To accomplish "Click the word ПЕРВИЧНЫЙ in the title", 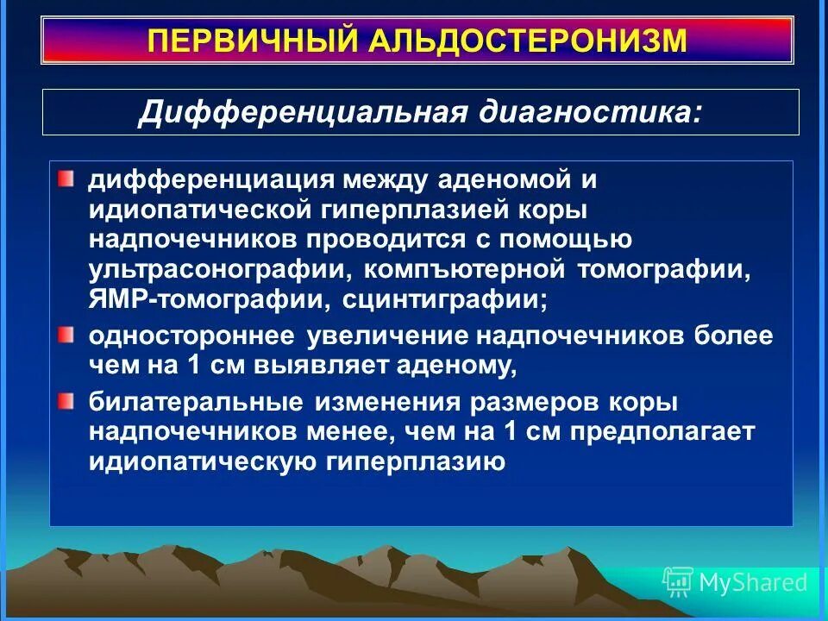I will [x=256, y=41].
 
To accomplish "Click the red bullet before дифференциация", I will [x=67, y=179].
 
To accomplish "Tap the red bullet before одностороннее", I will [x=67, y=334].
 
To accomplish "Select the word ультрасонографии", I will [x=218, y=269].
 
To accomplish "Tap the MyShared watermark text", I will [x=753, y=582].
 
